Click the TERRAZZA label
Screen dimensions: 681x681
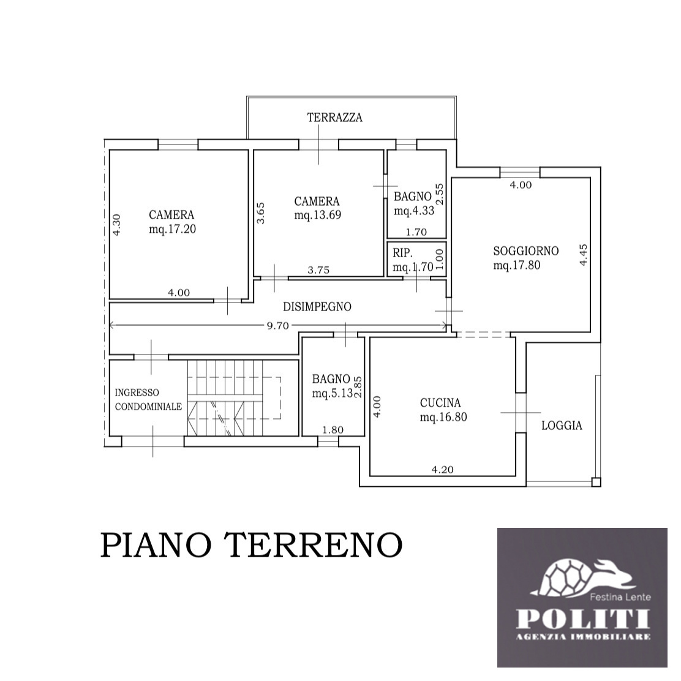tap(334, 118)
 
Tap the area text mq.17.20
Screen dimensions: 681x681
tap(173, 229)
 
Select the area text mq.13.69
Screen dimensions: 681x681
tap(317, 215)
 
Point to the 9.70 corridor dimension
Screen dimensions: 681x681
tap(277, 326)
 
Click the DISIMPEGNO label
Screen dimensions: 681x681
tap(317, 307)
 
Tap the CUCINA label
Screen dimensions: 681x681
tap(440, 403)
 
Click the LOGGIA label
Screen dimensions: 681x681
tap(562, 426)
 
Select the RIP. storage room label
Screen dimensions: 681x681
tap(402, 253)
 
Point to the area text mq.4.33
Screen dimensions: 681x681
tap(414, 211)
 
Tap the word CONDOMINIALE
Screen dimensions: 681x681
tap(148, 407)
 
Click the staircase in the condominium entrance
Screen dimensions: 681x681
tap(235, 398)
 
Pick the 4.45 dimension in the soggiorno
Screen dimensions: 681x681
tap(583, 255)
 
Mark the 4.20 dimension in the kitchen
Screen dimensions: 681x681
tap(443, 470)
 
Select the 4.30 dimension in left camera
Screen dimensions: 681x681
tap(117, 225)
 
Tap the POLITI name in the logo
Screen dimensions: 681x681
tap(583, 619)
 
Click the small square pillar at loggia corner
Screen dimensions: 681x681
tap(596, 482)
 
